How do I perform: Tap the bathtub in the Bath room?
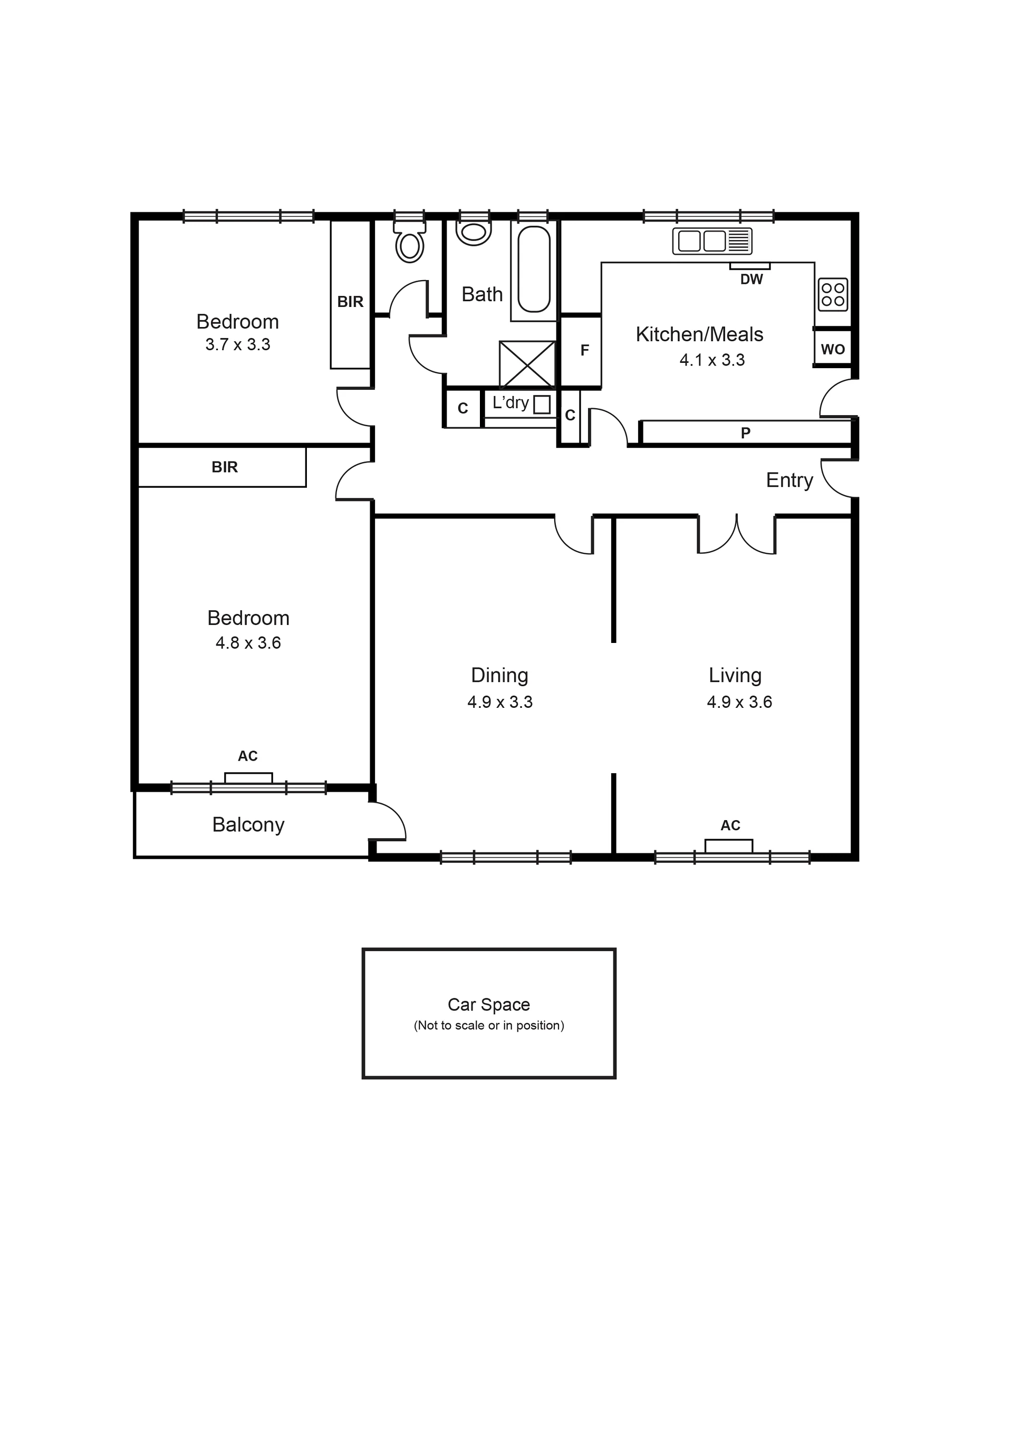[534, 269]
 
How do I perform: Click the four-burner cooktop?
[833, 295]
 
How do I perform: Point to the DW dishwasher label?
[751, 280]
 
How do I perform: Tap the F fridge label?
[584, 351]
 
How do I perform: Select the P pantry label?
[745, 433]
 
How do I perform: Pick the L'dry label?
[510, 403]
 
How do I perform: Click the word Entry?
[789, 481]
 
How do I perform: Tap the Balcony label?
[248, 825]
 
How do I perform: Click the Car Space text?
[489, 1005]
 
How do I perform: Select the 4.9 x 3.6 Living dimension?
[739, 702]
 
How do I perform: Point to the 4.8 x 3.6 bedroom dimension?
[248, 643]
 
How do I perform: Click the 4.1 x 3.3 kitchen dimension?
[712, 360]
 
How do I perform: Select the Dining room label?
[499, 676]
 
